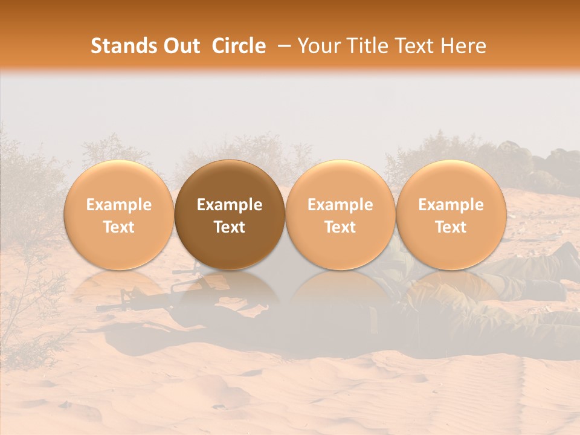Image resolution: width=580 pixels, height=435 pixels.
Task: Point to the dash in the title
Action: pyautogui.click(x=282, y=47)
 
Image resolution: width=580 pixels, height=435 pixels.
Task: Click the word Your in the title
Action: pyautogui.click(x=318, y=47)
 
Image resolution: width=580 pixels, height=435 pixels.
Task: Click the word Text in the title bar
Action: pyautogui.click(x=412, y=47)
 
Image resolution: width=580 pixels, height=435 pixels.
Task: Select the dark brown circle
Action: pyautogui.click(x=230, y=215)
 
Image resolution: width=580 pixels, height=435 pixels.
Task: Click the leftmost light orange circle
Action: pyautogui.click(x=119, y=215)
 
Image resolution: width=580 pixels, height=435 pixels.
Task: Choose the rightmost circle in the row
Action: pyautogui.click(x=451, y=215)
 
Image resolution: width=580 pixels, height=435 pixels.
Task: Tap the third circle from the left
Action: pyautogui.click(x=340, y=215)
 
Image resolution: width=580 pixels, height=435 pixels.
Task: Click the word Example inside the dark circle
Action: pyautogui.click(x=230, y=205)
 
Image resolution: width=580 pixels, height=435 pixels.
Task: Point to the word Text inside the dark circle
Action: pyautogui.click(x=230, y=227)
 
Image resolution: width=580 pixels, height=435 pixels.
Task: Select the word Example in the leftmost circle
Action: pyautogui.click(x=119, y=205)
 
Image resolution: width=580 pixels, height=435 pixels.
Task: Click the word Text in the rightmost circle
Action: pyautogui.click(x=451, y=227)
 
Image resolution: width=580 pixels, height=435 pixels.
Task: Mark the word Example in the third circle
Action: pyautogui.click(x=340, y=205)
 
